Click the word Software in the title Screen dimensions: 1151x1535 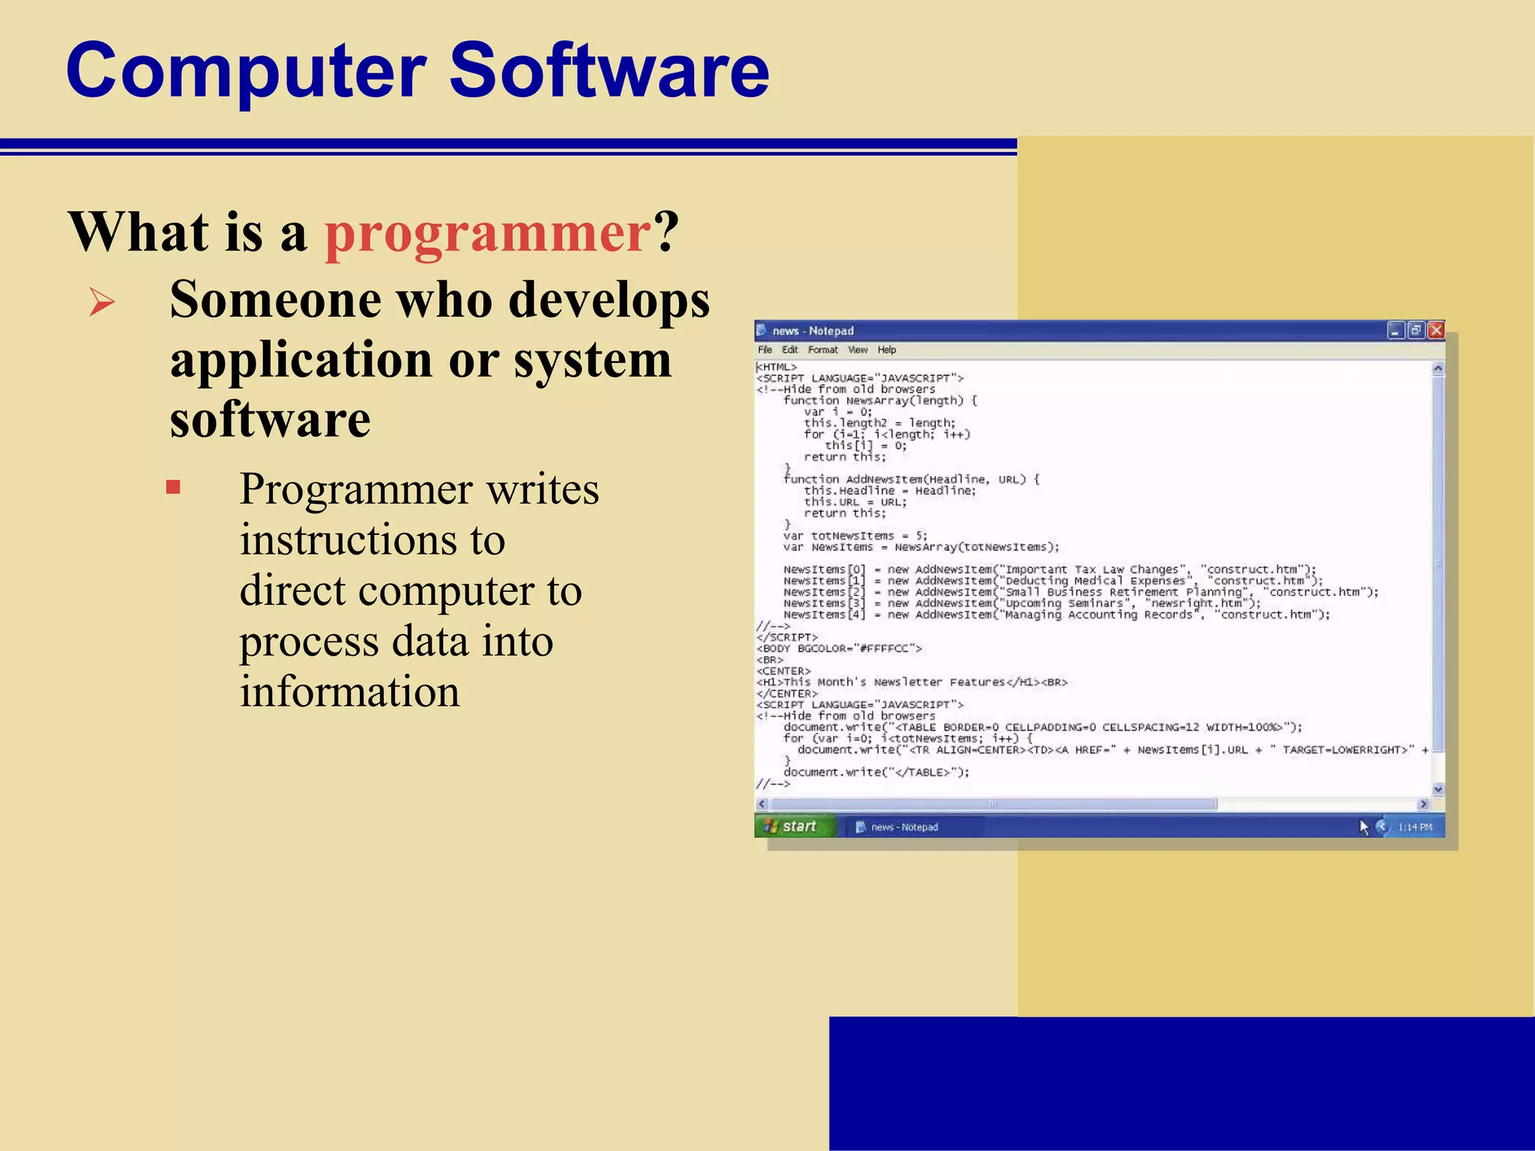tap(609, 70)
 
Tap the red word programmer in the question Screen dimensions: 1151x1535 tap(487, 232)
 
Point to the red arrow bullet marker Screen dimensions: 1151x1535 tap(102, 302)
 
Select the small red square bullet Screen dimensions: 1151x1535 tap(173, 488)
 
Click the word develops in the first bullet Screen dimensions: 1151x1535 tap(609, 300)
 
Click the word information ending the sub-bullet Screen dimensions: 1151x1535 tap(349, 691)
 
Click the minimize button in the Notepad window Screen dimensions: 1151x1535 tap(1396, 330)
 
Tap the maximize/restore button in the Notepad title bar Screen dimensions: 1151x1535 tap(1416, 330)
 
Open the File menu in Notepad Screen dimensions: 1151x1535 tap(765, 350)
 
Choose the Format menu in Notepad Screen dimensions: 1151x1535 tap(822, 350)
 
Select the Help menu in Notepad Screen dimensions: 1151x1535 tap(887, 350)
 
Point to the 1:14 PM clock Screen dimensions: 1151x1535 tap(1415, 827)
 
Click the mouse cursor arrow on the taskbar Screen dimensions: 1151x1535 tap(1363, 827)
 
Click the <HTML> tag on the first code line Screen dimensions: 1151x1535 tap(776, 367)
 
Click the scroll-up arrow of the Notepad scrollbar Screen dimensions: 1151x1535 tap(1438, 369)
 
